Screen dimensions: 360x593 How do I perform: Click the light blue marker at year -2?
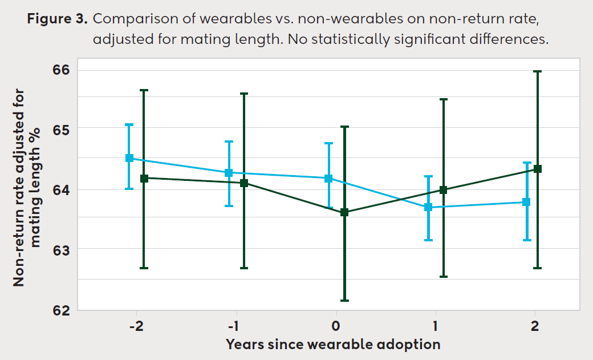point(129,158)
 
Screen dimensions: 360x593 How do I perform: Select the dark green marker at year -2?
point(144,178)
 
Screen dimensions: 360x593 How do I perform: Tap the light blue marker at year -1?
point(229,172)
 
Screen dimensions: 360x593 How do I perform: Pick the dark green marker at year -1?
point(244,183)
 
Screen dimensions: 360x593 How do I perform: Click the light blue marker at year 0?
point(328,178)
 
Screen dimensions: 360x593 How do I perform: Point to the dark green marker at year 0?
point(344,212)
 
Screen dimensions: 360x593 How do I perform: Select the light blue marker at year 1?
point(428,207)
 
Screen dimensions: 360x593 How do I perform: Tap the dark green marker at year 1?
point(443,190)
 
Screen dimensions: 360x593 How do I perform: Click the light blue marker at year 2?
point(527,202)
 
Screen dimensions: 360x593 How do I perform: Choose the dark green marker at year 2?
point(537,169)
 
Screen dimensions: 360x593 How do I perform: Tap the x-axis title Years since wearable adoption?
point(333,344)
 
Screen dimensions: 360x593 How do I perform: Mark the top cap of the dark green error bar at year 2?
point(537,71)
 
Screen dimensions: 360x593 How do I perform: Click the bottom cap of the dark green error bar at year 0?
point(344,300)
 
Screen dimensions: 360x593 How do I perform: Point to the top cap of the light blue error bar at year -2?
point(129,124)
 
